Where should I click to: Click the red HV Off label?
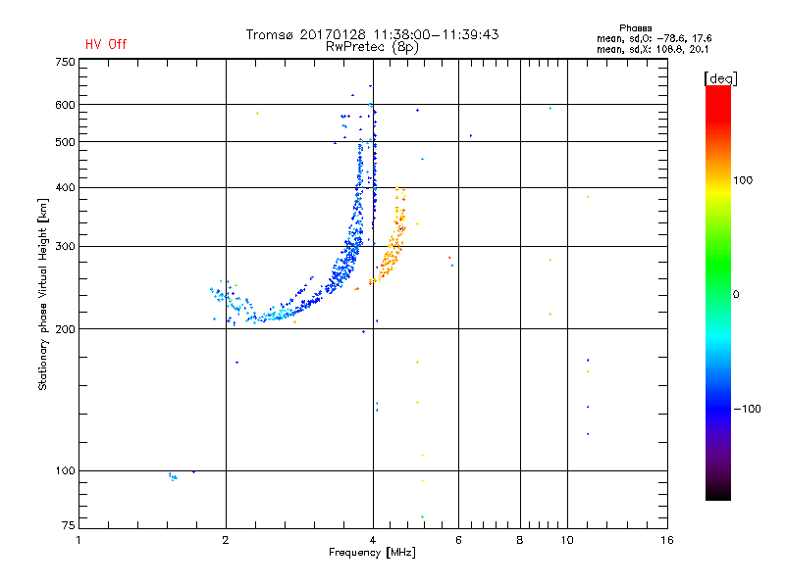pyautogui.click(x=106, y=44)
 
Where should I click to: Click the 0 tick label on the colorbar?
pyautogui.click(x=736, y=294)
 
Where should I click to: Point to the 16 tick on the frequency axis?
pyautogui.click(x=666, y=540)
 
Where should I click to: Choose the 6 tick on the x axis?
pyautogui.click(x=458, y=540)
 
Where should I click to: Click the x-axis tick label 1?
pyautogui.click(x=79, y=540)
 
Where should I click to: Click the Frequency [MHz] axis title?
pyautogui.click(x=373, y=554)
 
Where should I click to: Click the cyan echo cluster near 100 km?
pyautogui.click(x=173, y=477)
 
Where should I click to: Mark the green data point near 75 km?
pyautogui.click(x=422, y=516)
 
